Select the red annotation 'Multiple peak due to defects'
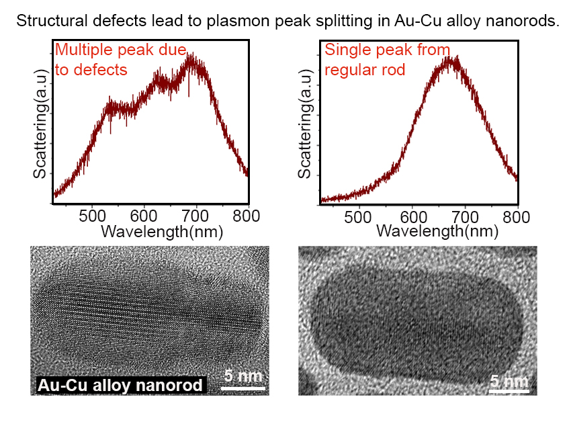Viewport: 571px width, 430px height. pyautogui.click(x=120, y=59)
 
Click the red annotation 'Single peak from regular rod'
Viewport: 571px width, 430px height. pyautogui.click(x=387, y=59)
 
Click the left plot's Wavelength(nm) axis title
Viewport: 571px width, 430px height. pyautogui.click(x=161, y=231)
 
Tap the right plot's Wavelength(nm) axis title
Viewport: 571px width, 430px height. pyautogui.click(x=437, y=231)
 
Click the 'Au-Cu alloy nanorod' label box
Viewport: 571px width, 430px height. pyautogui.click(x=120, y=385)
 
